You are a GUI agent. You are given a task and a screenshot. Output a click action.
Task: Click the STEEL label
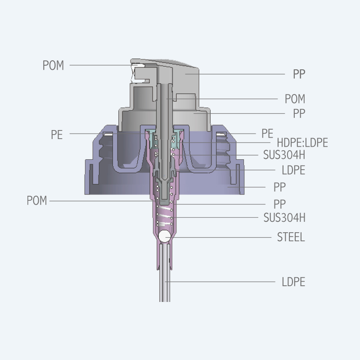pyautogui.click(x=291, y=237)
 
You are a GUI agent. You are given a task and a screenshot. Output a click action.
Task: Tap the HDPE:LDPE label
pyautogui.click(x=302, y=143)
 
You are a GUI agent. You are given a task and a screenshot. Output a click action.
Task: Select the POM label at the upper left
pyautogui.click(x=53, y=65)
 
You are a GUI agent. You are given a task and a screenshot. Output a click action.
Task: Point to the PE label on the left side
pyautogui.click(x=57, y=135)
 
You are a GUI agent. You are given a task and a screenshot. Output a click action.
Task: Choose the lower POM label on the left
pyautogui.click(x=37, y=201)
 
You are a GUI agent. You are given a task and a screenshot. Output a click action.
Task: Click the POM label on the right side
pyautogui.click(x=295, y=99)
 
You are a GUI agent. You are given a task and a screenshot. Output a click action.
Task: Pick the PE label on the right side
pyautogui.click(x=267, y=133)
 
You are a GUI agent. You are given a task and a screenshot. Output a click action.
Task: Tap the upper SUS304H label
pyautogui.click(x=284, y=155)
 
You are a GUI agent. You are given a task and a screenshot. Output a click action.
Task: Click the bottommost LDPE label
pyautogui.click(x=293, y=282)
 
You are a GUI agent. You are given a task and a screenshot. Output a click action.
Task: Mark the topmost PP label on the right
pyautogui.click(x=299, y=74)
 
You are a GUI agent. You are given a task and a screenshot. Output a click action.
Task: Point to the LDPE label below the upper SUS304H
pyautogui.click(x=293, y=170)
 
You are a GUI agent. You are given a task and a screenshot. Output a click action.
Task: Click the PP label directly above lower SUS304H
pyautogui.click(x=279, y=203)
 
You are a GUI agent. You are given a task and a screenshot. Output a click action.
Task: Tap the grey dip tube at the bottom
pyautogui.click(x=165, y=279)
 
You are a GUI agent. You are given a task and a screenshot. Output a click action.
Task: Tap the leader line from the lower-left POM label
pyautogui.click(x=99, y=201)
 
